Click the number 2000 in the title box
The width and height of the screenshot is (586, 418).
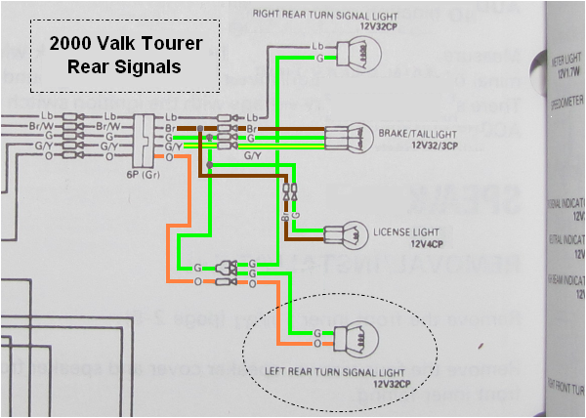(67, 45)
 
